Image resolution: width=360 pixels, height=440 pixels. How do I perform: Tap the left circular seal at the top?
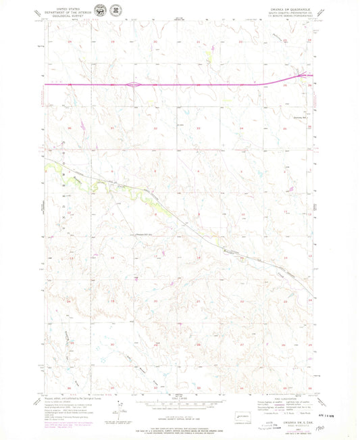click(100, 10)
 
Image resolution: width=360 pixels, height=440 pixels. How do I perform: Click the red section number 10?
click(244, 214)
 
